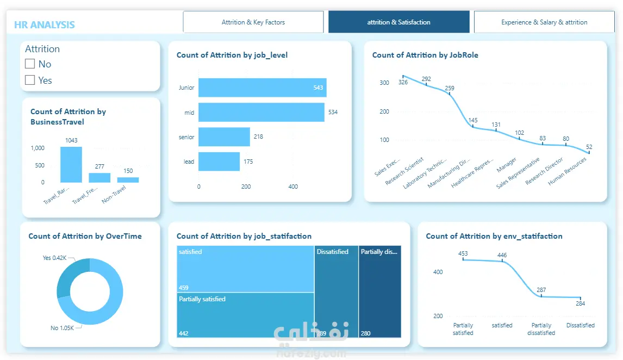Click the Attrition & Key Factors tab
(253, 22)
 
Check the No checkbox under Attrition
(30, 64)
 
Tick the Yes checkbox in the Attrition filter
(30, 80)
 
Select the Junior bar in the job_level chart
(262, 88)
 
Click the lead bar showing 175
(219, 162)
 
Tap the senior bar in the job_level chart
(223, 136)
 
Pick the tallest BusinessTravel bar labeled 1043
(71, 164)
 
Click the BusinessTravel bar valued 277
(99, 177)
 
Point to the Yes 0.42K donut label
(54, 258)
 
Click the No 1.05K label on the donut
(61, 328)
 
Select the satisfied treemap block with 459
(245, 269)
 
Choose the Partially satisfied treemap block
(245, 314)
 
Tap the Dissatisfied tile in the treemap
(336, 291)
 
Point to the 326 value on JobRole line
(403, 83)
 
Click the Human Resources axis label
(568, 171)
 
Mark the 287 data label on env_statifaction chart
(541, 290)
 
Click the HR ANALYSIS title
(44, 25)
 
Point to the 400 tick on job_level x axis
(293, 187)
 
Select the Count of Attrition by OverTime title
(85, 236)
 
